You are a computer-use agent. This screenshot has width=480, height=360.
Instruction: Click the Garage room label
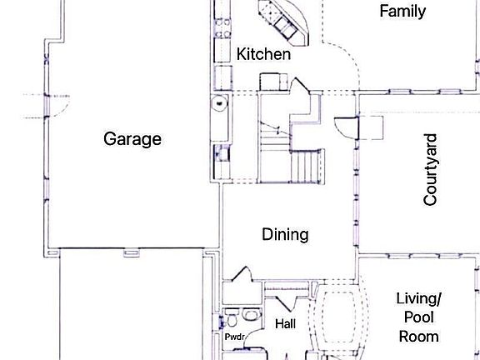(x=132, y=139)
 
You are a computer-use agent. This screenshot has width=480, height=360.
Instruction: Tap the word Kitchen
(x=264, y=54)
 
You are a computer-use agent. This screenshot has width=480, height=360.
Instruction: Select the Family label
(x=402, y=11)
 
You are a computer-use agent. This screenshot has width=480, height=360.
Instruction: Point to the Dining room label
(x=285, y=235)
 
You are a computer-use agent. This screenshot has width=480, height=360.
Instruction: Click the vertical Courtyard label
(x=431, y=173)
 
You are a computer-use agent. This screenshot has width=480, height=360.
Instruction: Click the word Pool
(x=418, y=317)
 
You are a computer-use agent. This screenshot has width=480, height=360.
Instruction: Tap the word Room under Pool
(x=418, y=337)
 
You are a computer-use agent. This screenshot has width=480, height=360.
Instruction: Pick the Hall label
(x=285, y=323)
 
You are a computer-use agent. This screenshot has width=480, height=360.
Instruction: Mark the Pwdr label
(x=233, y=337)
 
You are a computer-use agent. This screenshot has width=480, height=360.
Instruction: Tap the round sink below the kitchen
(x=218, y=104)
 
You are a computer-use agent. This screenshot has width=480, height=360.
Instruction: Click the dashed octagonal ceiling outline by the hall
(x=338, y=321)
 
